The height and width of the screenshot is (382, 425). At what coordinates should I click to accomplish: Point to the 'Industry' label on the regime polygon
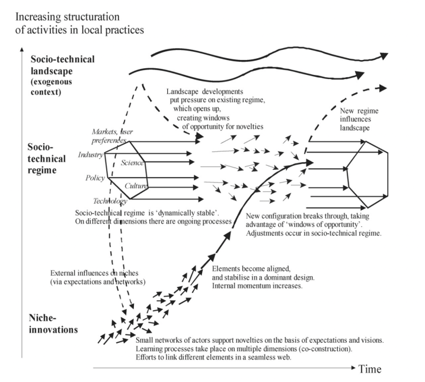[90, 155]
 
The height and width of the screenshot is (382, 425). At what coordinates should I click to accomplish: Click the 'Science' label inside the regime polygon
[131, 163]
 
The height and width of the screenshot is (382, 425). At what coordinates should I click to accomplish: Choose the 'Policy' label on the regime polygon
[95, 178]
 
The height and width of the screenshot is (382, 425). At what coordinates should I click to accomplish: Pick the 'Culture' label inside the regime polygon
[135, 187]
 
